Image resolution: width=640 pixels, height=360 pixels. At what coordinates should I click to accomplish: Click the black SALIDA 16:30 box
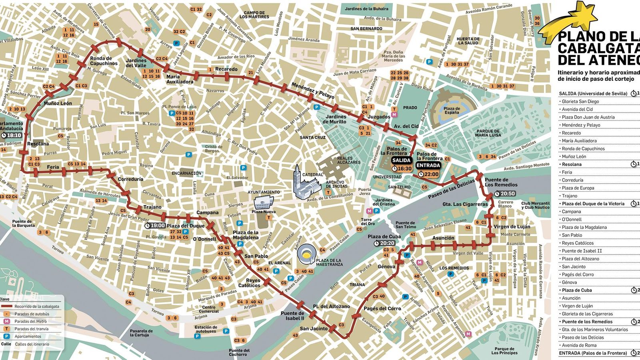pos(401,164)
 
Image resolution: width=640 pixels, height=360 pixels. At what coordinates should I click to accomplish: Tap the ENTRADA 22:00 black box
pos(428,169)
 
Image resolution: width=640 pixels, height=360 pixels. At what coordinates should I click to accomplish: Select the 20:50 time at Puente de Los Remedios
pos(505,194)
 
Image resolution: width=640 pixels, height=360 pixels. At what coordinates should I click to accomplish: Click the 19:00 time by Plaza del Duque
pos(155,226)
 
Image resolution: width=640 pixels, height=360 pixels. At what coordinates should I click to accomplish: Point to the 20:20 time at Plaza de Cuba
pos(385,243)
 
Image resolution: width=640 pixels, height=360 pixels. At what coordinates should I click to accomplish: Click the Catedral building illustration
pos(306,184)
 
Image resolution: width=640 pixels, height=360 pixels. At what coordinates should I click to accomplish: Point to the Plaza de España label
pos(452,110)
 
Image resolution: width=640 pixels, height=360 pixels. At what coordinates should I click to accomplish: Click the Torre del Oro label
pos(366,221)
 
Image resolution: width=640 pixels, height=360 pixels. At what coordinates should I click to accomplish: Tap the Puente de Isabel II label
pos(292,316)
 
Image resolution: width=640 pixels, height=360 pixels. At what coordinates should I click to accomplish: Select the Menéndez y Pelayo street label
pos(313,91)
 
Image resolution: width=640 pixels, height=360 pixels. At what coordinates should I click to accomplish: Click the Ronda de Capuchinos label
pos(104,61)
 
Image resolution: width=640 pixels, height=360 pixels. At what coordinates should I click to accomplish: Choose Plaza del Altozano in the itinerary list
pos(580,259)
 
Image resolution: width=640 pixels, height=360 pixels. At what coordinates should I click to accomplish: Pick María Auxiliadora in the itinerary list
pos(579,141)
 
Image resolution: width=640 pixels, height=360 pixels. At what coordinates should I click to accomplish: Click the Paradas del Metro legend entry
pos(30,321)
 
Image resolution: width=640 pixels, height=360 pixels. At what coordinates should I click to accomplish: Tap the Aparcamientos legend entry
pos(28,336)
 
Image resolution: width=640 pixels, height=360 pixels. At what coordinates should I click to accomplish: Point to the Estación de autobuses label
pos(206,329)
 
